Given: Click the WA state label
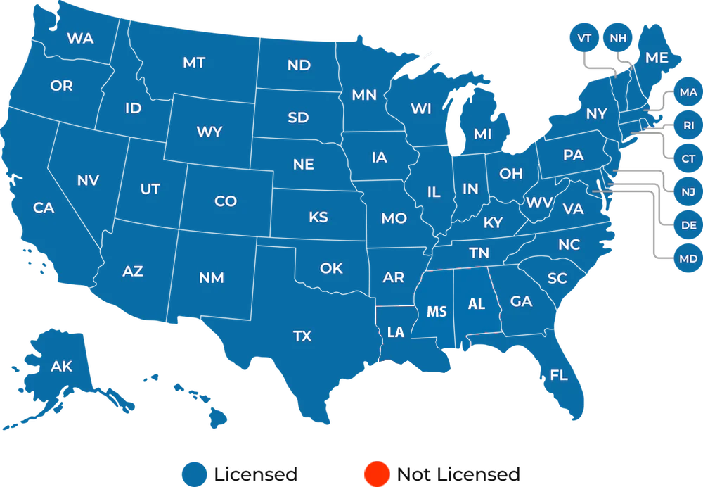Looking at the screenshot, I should click(80, 39).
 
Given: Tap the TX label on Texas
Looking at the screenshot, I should click(302, 336).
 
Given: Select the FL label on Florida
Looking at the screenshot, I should click(559, 375).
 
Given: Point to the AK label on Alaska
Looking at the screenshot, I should click(62, 366).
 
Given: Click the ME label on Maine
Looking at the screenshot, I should click(657, 58).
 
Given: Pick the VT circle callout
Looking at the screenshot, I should click(584, 37).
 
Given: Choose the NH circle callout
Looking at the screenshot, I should click(618, 37).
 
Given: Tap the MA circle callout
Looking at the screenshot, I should click(688, 92).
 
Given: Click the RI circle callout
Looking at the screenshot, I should click(688, 125).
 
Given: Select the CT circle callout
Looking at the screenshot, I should click(688, 159).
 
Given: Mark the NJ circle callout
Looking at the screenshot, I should click(688, 192).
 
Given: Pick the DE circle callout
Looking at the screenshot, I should click(688, 225).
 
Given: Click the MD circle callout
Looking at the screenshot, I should click(688, 258).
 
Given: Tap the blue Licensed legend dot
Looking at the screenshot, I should click(195, 474).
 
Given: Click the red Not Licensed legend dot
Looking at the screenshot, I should click(377, 474).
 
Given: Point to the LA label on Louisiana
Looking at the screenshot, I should click(396, 332).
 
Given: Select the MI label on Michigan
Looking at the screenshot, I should click(483, 134).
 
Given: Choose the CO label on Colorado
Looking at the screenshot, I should click(225, 202).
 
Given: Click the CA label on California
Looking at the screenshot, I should click(44, 208).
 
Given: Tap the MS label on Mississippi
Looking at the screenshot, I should click(437, 311).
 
